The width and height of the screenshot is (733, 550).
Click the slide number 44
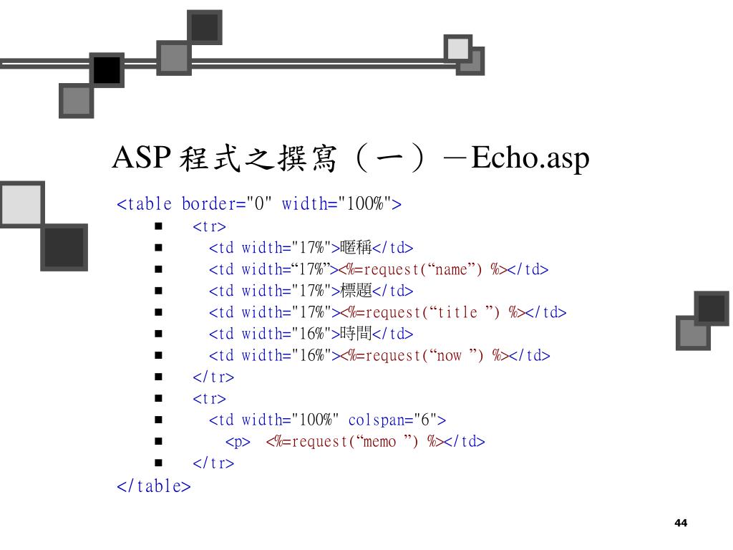tap(681, 523)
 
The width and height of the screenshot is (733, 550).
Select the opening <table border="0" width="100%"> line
tap(259, 204)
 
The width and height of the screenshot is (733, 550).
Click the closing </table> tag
tap(154, 486)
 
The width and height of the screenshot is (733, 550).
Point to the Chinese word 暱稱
tap(356, 248)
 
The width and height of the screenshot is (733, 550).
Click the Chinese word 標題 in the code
tap(356, 291)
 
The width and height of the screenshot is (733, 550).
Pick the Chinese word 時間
tap(356, 334)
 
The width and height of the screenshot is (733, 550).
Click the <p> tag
tap(238, 441)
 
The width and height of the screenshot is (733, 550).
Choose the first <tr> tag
tap(209, 226)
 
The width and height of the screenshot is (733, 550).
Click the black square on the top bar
tap(107, 70)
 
